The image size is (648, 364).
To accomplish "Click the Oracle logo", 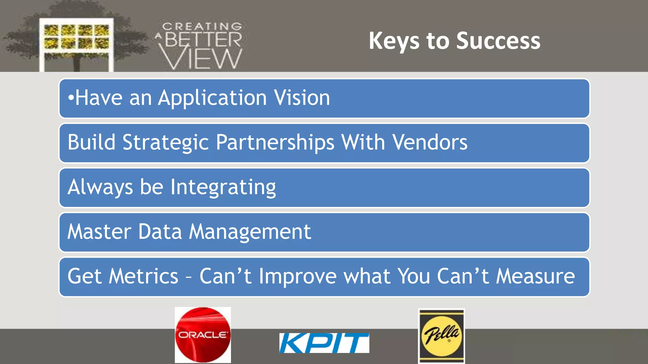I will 203,335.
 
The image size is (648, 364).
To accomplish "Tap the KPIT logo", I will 324,343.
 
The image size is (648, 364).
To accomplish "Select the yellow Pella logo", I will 441,336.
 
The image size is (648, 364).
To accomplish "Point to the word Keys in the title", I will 394,41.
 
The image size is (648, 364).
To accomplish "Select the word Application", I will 212,98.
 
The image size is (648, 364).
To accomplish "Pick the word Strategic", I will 165,143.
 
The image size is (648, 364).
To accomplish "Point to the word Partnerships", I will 275,143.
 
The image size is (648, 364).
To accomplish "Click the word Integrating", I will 223,187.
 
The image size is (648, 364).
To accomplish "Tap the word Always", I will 100,187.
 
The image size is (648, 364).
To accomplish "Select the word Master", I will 99,232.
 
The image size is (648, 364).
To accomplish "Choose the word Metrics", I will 143,276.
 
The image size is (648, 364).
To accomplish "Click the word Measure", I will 535,276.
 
